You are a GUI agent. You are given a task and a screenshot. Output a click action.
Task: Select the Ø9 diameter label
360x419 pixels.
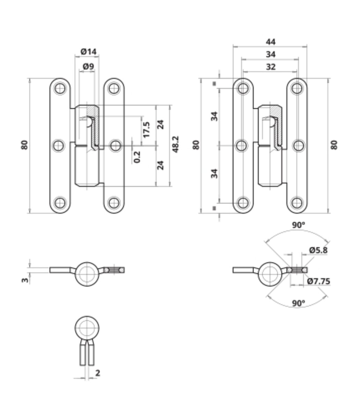point(89,66)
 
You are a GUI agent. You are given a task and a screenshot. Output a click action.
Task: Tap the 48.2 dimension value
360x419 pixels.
point(175,144)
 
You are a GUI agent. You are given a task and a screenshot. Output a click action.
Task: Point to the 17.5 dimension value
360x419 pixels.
point(146,130)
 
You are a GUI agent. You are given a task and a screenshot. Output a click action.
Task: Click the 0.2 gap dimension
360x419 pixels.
point(137,157)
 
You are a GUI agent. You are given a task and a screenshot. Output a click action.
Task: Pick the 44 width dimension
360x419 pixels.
point(270,42)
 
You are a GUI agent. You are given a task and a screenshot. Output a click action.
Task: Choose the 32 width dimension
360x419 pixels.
point(271,67)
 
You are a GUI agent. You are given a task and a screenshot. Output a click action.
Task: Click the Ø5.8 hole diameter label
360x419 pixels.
point(318,250)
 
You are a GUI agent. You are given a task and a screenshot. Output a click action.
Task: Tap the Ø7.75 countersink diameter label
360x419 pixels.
point(318,281)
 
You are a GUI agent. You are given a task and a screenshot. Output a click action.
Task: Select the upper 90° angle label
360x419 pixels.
point(298,225)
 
